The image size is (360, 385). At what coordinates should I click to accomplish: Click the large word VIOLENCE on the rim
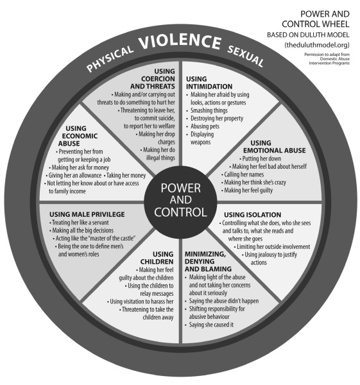pyautogui.click(x=180, y=41)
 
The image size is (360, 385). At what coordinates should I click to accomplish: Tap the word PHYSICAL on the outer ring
pyautogui.click(x=110, y=60)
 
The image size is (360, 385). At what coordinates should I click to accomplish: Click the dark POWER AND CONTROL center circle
pyautogui.click(x=180, y=202)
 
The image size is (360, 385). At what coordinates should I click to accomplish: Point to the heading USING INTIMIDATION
pyautogui.click(x=209, y=83)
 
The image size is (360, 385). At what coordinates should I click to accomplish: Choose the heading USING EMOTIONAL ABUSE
pyautogui.click(x=274, y=146)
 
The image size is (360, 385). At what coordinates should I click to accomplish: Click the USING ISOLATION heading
pyautogui.click(x=252, y=214)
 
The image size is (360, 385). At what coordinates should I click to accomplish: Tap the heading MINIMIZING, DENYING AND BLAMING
pyautogui.click(x=208, y=262)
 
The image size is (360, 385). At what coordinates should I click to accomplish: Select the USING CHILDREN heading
pyautogui.click(x=157, y=258)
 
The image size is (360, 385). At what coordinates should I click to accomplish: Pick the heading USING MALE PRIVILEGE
pyautogui.click(x=87, y=214)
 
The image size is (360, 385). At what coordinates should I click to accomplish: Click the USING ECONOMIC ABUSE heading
pyautogui.click(x=78, y=136)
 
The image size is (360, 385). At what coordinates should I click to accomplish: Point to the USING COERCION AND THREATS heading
pyautogui.click(x=153, y=79)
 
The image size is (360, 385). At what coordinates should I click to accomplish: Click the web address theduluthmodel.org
pyautogui.click(x=317, y=45)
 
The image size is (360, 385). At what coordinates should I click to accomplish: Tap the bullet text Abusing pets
pyautogui.click(x=205, y=126)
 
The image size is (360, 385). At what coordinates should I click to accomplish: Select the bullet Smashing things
pyautogui.click(x=209, y=110)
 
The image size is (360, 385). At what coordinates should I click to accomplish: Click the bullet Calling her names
pyautogui.click(x=244, y=175)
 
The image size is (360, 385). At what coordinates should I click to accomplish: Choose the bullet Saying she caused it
pyautogui.click(x=211, y=325)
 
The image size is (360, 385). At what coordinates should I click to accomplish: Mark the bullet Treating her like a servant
pyautogui.click(x=80, y=223)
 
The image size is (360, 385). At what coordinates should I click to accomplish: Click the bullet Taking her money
pyautogui.click(x=126, y=175)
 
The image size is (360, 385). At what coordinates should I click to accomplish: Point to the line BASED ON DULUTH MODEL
pyautogui.click(x=308, y=35)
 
